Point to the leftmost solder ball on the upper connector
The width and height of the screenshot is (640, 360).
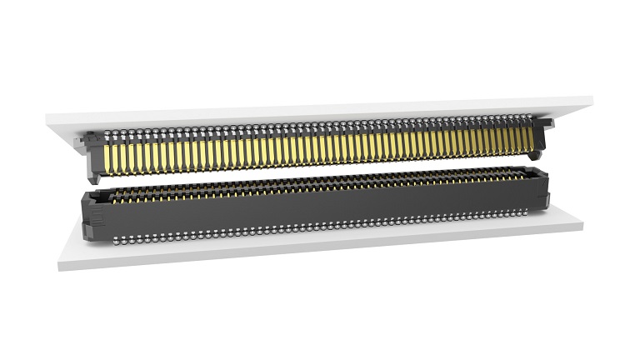[87, 133]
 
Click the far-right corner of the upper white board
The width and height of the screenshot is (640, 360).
[592, 100]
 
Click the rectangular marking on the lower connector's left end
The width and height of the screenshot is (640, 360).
[93, 219]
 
